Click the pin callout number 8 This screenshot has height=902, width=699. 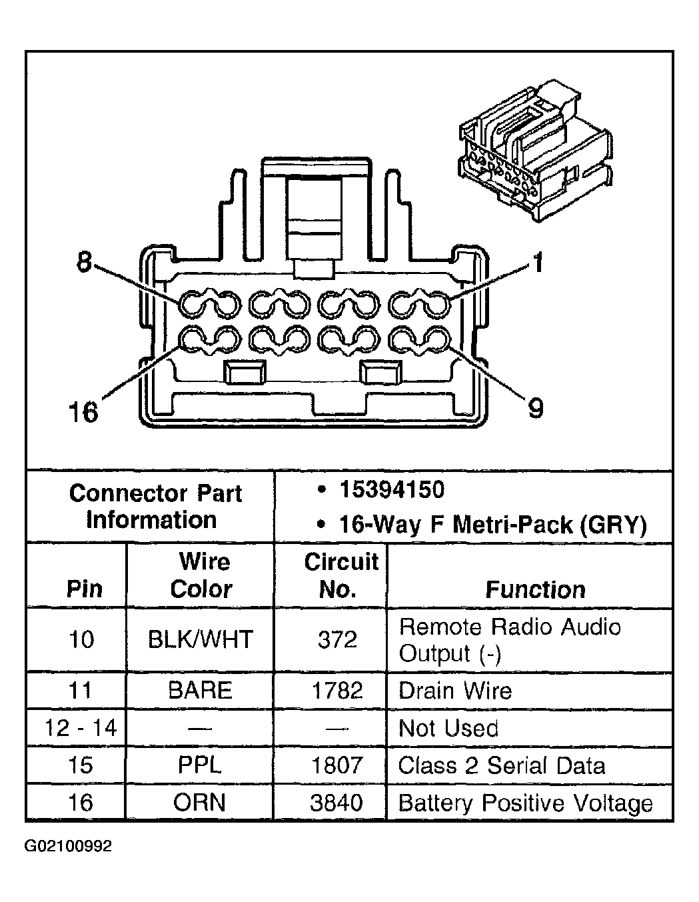pos(84,263)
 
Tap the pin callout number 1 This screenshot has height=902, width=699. pos(538,263)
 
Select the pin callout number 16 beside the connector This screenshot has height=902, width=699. pos(83,412)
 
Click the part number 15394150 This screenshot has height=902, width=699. pos(392,489)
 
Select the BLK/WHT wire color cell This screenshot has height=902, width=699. pos(201,639)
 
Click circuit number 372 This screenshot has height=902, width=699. pos(337,639)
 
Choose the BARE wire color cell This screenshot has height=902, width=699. pos(200,690)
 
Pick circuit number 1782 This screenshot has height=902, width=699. pos(337,690)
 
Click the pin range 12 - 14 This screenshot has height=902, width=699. pos(81,727)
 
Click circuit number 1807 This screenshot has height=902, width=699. pos(337,765)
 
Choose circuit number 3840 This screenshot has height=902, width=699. pos(337,803)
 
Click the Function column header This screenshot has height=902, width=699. pos(535,589)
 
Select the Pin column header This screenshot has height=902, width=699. pos(84,589)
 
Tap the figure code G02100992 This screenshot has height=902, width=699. pos(68,846)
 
